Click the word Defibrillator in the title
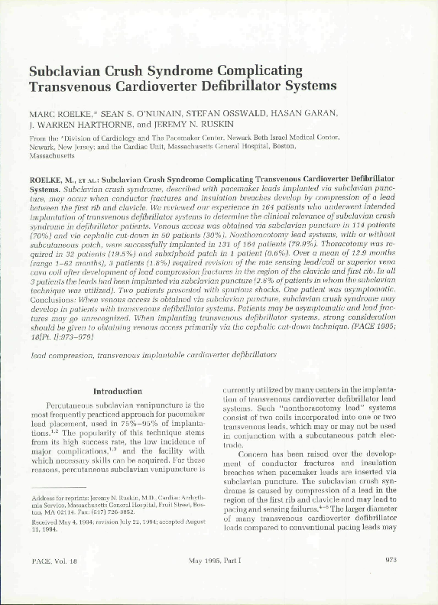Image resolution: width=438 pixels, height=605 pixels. (x=253, y=87)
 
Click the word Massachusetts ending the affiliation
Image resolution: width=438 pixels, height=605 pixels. (x=52, y=155)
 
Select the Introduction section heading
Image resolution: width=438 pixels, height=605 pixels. (x=117, y=391)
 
